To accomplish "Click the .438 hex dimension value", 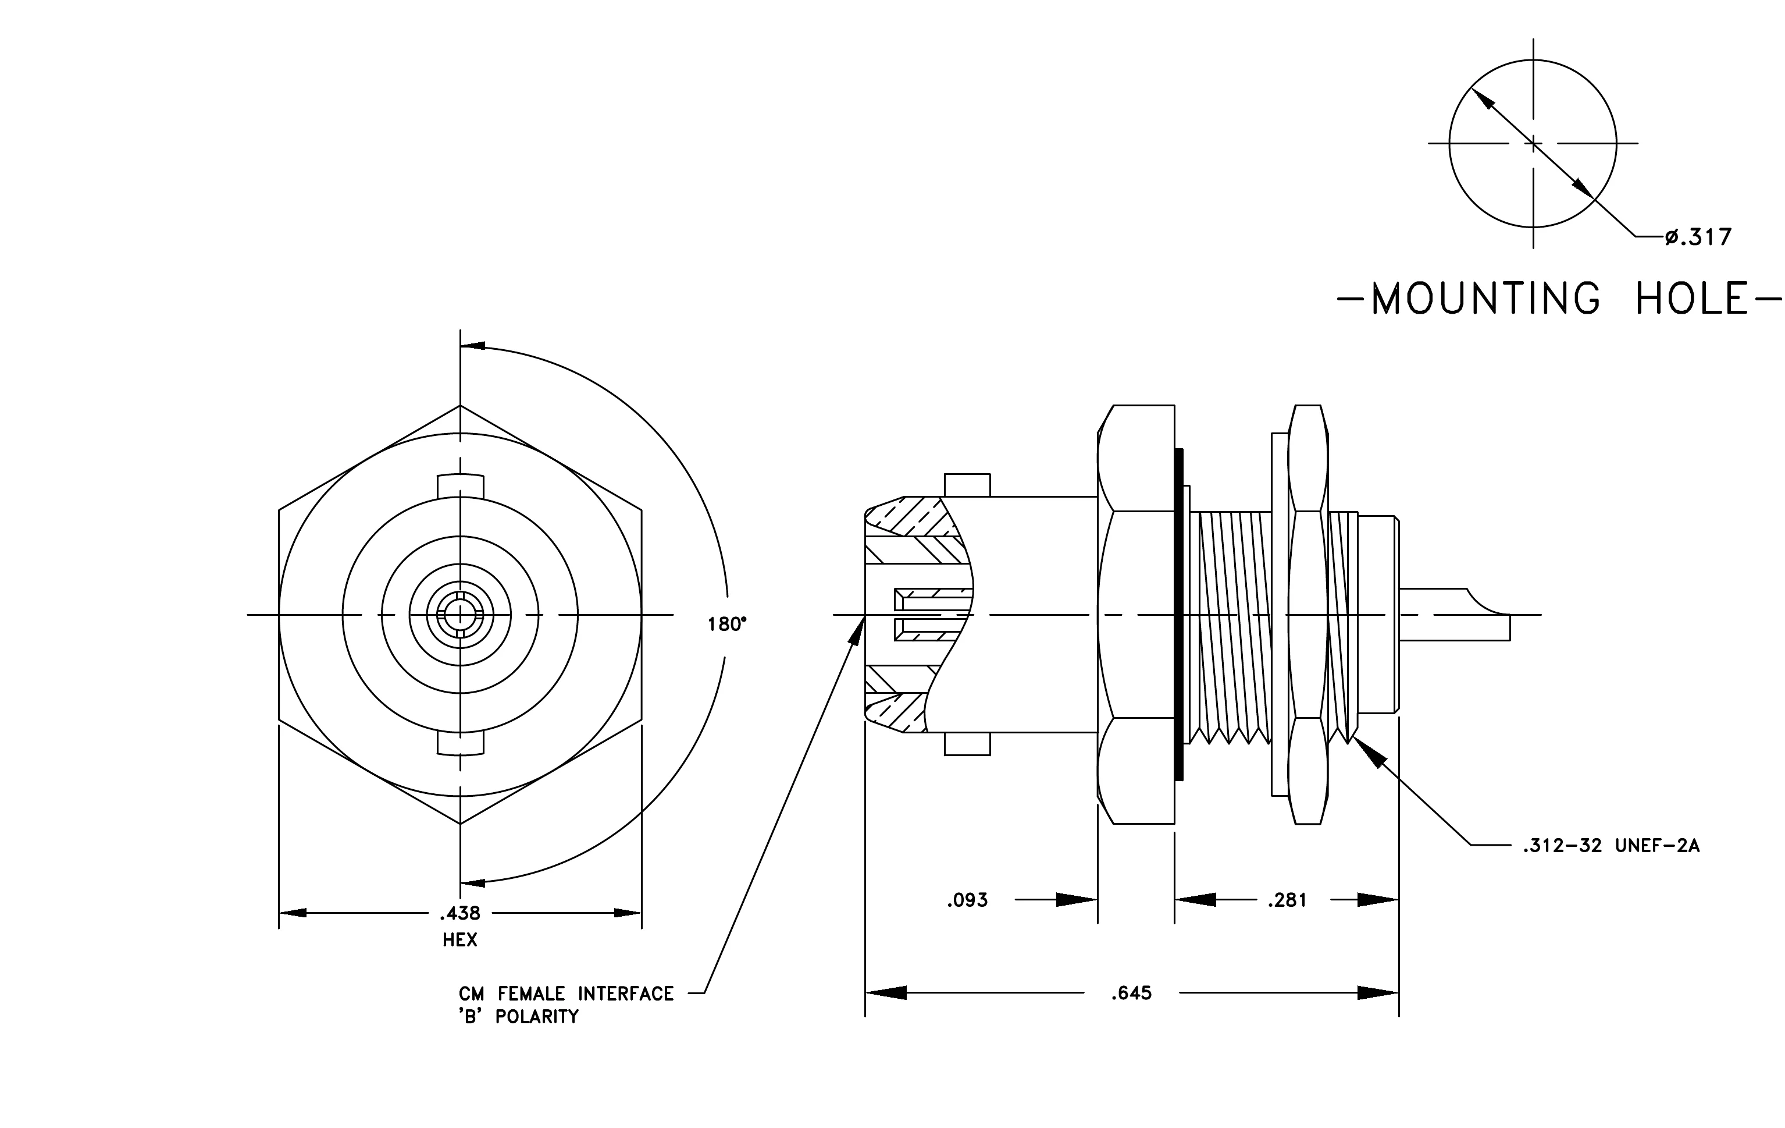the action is tap(459, 912).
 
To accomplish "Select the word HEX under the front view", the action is tap(459, 939).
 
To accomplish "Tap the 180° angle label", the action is tap(726, 625).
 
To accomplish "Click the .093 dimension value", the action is tap(967, 900).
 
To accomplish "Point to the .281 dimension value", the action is tap(1287, 900).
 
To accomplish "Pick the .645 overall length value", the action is tap(1131, 993).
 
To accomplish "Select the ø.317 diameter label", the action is tap(1698, 237).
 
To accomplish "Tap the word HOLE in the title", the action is tap(1691, 299).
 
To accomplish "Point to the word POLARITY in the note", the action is tap(537, 1017).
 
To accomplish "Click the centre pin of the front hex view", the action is tap(460, 614).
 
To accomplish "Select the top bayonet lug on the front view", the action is tap(460, 486).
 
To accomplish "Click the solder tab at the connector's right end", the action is tap(1453, 614).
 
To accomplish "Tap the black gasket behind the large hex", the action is tap(1178, 614).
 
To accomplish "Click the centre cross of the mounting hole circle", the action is tap(1533, 143).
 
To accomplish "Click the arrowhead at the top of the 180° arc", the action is tap(473, 346).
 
